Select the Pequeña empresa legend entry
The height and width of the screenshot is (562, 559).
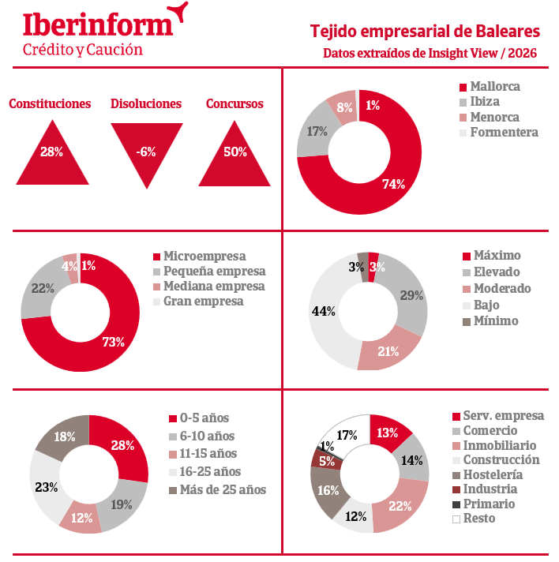click(x=213, y=271)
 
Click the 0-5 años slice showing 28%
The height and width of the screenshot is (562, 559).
click(x=123, y=446)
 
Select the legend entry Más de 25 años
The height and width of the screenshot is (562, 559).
click(x=223, y=489)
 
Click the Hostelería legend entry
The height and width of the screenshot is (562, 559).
click(x=492, y=474)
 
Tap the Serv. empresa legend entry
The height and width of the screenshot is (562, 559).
click(x=503, y=416)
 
